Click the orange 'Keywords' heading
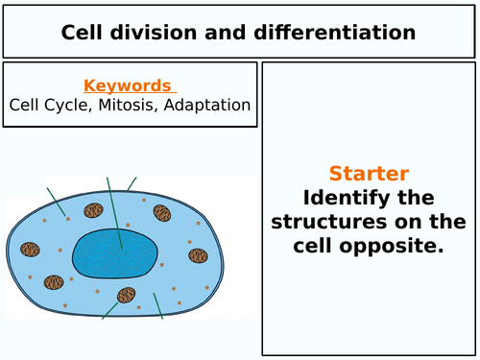127,85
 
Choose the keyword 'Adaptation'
213,105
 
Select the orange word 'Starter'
369,174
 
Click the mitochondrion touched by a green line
126,296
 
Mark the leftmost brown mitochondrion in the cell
31,250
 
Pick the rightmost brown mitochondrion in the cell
198,255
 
